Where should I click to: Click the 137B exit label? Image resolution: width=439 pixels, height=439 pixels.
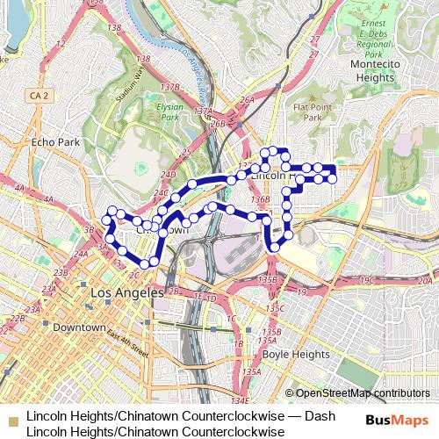coord(172,88)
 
